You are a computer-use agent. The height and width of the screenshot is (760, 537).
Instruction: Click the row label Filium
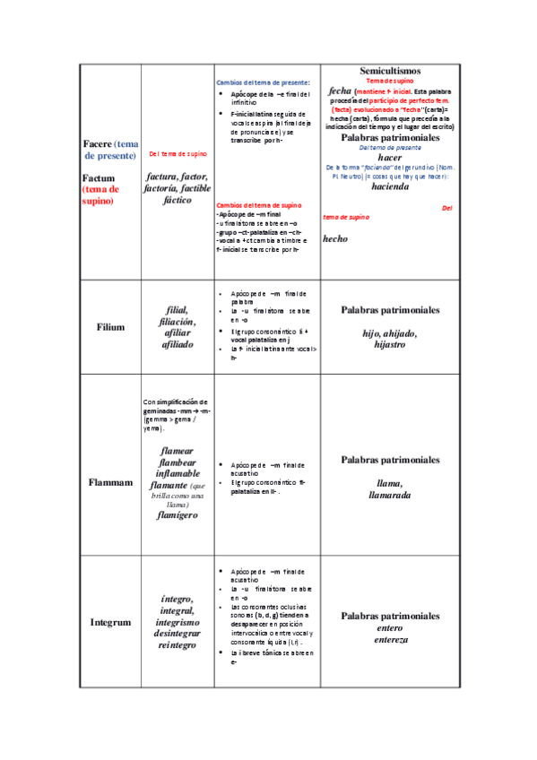(x=110, y=327)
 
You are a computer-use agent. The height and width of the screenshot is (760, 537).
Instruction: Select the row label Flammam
(x=110, y=481)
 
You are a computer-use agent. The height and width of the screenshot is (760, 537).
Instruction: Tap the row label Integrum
(x=110, y=621)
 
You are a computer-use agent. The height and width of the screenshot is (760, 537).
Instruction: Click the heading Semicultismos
(x=390, y=71)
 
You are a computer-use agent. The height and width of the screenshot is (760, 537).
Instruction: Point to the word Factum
(x=99, y=178)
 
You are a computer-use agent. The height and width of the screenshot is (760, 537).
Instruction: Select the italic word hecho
(x=335, y=238)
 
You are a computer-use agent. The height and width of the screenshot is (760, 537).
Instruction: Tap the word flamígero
(x=178, y=515)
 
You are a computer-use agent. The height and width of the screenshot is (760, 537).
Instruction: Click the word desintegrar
(x=178, y=633)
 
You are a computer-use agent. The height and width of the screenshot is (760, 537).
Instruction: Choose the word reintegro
(x=178, y=644)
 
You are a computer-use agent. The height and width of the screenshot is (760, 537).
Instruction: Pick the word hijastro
(x=390, y=345)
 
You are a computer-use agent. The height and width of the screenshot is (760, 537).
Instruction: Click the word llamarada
(x=390, y=495)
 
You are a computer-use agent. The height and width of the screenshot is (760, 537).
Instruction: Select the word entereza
(x=390, y=640)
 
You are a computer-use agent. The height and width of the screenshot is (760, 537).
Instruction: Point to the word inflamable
(x=178, y=474)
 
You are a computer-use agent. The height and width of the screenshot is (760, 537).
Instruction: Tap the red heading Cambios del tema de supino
(x=260, y=205)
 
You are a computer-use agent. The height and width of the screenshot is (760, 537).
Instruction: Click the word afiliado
(x=178, y=344)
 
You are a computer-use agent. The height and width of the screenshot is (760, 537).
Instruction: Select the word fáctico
(x=178, y=201)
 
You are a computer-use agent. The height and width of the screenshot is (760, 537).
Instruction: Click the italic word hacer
(x=390, y=157)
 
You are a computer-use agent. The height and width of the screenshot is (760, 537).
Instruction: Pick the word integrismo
(x=178, y=621)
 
